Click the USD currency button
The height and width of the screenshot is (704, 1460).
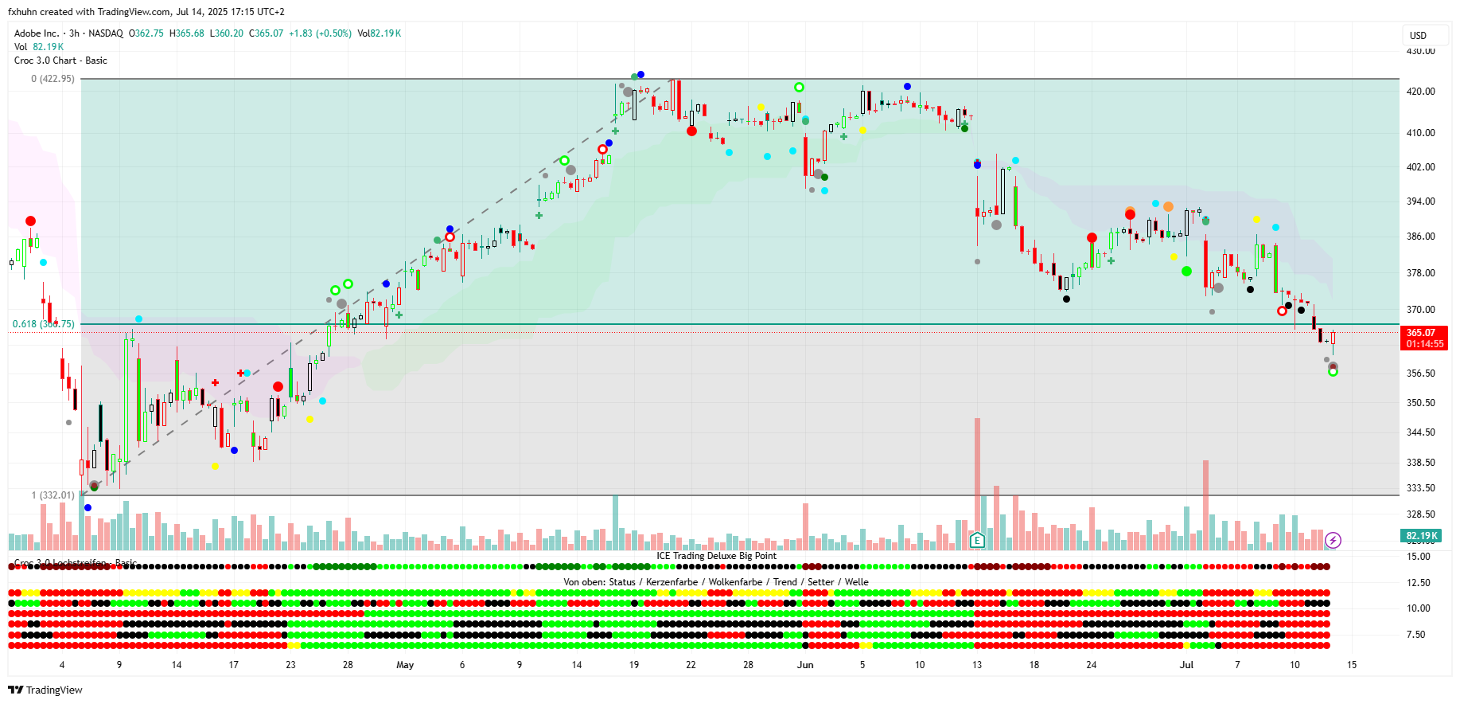tap(1418, 35)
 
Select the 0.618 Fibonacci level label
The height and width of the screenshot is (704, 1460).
tap(43, 324)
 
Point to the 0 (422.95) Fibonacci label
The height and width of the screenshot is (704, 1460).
tap(53, 79)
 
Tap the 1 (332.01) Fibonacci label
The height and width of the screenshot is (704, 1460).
tap(53, 495)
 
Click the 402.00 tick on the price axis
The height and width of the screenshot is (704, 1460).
tap(1420, 167)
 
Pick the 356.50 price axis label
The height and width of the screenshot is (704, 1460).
tap(1420, 374)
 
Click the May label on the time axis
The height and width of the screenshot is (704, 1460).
tap(405, 665)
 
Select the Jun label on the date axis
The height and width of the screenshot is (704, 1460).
tap(805, 665)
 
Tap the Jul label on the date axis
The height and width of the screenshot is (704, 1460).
tap(1186, 665)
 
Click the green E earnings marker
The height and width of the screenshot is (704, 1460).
tap(977, 541)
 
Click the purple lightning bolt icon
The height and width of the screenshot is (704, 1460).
tap(1333, 541)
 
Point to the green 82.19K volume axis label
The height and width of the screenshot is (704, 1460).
tap(1421, 536)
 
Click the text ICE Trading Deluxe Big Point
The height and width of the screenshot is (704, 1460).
tap(716, 556)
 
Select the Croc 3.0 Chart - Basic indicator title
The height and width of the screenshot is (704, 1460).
tap(60, 61)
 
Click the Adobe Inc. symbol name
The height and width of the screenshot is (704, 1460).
tap(37, 33)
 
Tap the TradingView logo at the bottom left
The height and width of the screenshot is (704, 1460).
tap(45, 690)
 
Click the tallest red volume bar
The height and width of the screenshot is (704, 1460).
tap(977, 478)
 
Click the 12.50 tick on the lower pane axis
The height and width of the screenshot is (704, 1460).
tap(1419, 583)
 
